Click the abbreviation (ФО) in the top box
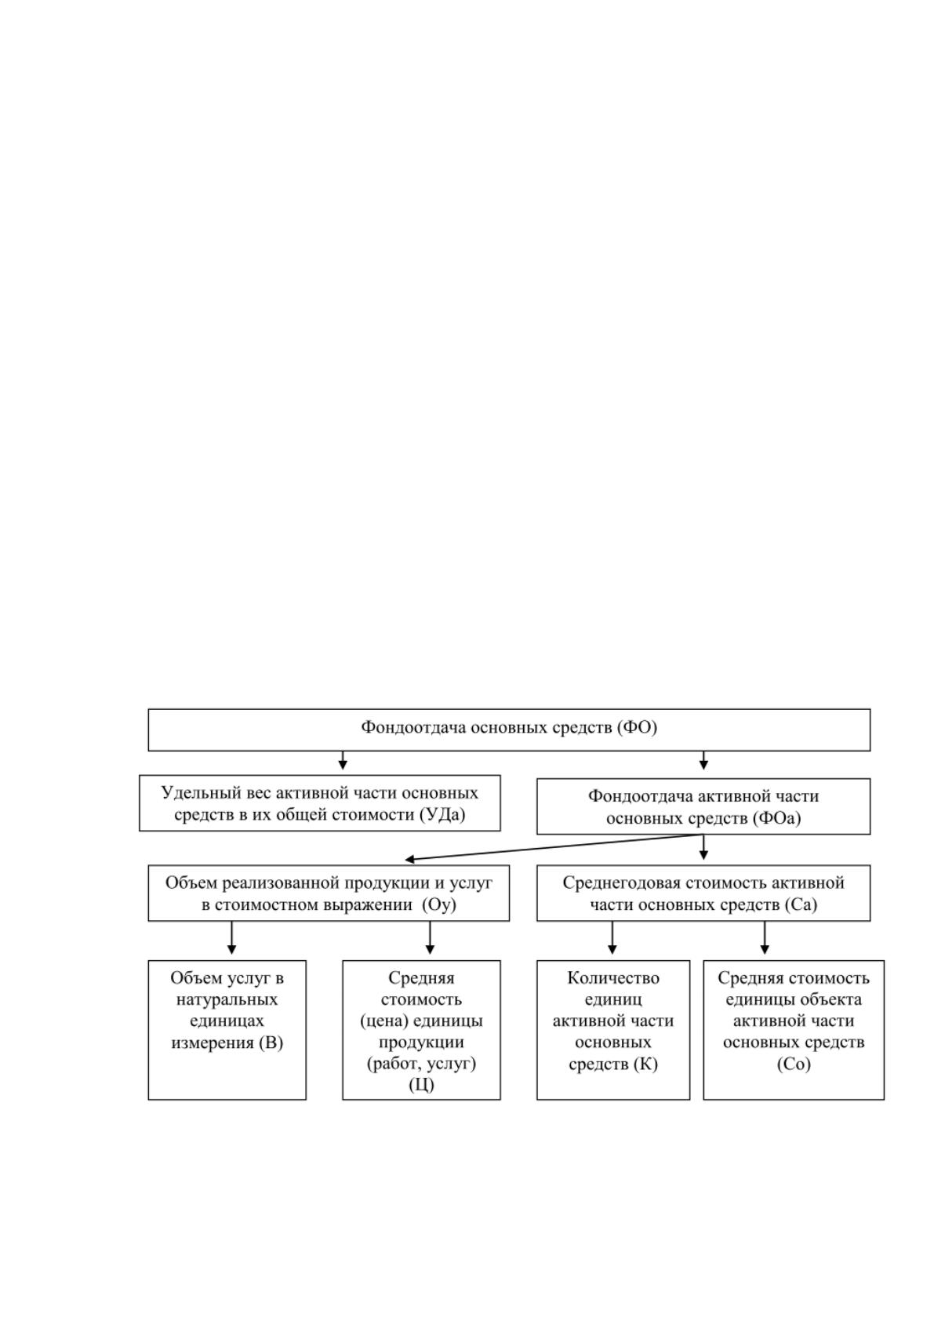[637, 727]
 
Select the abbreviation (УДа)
[442, 815]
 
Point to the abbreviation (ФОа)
[777, 818]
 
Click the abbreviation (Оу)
[439, 905]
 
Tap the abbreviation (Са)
[801, 905]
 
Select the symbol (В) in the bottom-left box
[271, 1043]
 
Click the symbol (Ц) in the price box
[421, 1085]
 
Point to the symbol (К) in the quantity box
[645, 1064]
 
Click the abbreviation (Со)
[794, 1064]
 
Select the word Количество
[613, 978]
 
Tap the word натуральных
[227, 1000]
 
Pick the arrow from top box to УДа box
[343, 760]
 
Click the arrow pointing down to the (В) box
[231, 937]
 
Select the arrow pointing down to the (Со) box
[765, 937]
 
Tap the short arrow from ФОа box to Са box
[703, 847]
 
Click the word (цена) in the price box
[383, 1021]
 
